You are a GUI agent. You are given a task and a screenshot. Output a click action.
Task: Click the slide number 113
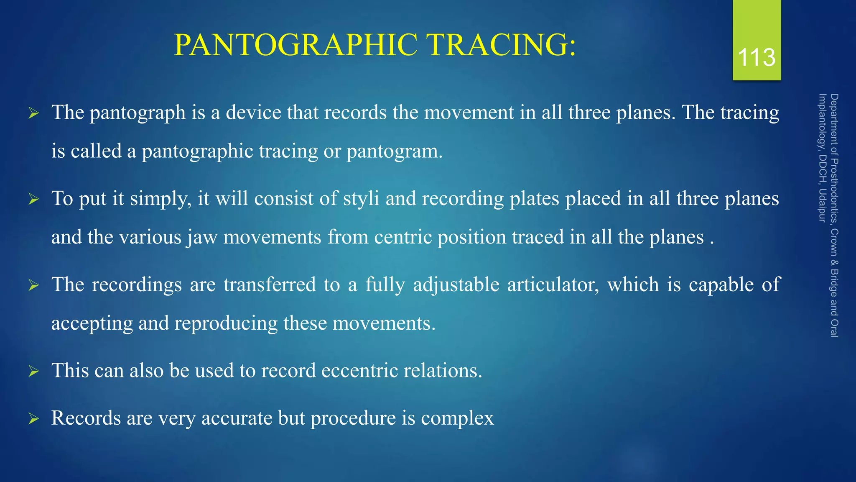point(757,57)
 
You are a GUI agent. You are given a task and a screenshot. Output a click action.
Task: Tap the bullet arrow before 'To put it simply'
point(33,199)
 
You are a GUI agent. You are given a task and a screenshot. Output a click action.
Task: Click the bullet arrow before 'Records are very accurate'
point(33,418)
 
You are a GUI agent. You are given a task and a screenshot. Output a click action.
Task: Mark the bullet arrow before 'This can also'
point(33,371)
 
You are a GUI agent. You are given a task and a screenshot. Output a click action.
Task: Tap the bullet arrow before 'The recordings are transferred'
point(33,285)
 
